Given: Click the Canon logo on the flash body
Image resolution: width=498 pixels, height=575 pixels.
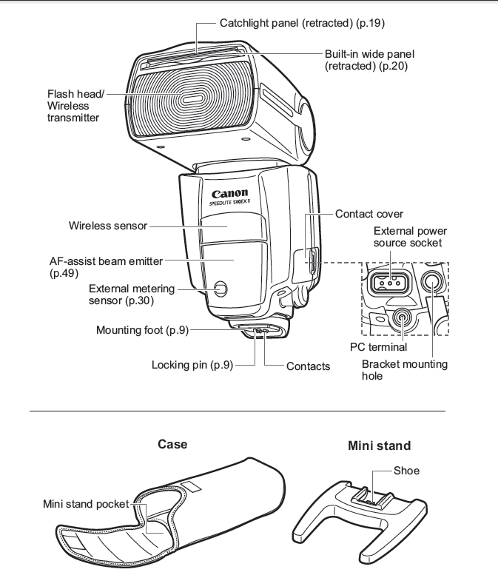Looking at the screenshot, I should (x=229, y=195).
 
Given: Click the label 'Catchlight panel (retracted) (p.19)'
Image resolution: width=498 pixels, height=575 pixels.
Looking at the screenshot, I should (x=302, y=23).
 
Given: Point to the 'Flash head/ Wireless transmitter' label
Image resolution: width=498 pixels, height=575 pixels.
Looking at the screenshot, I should (x=76, y=106).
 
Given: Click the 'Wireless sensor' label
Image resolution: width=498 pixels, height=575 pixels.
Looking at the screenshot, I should (x=108, y=225).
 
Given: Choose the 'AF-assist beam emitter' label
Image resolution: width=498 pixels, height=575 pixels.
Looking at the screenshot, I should (x=106, y=261).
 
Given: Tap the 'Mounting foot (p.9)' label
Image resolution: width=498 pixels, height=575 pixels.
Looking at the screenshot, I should (x=142, y=330).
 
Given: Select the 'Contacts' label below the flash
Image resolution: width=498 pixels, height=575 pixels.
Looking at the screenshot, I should (x=308, y=366).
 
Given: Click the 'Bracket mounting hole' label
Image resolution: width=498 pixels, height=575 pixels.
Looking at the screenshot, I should (x=404, y=370).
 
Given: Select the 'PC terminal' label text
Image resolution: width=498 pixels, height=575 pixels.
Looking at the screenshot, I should (x=378, y=346).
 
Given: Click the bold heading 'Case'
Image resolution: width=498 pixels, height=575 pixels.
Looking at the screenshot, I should (x=172, y=444).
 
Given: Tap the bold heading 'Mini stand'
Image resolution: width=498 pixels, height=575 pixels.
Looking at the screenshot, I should (x=379, y=445).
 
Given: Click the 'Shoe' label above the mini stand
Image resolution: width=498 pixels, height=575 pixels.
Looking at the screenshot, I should (x=406, y=471).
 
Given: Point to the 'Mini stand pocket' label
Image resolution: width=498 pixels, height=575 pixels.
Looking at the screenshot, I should (x=86, y=504).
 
